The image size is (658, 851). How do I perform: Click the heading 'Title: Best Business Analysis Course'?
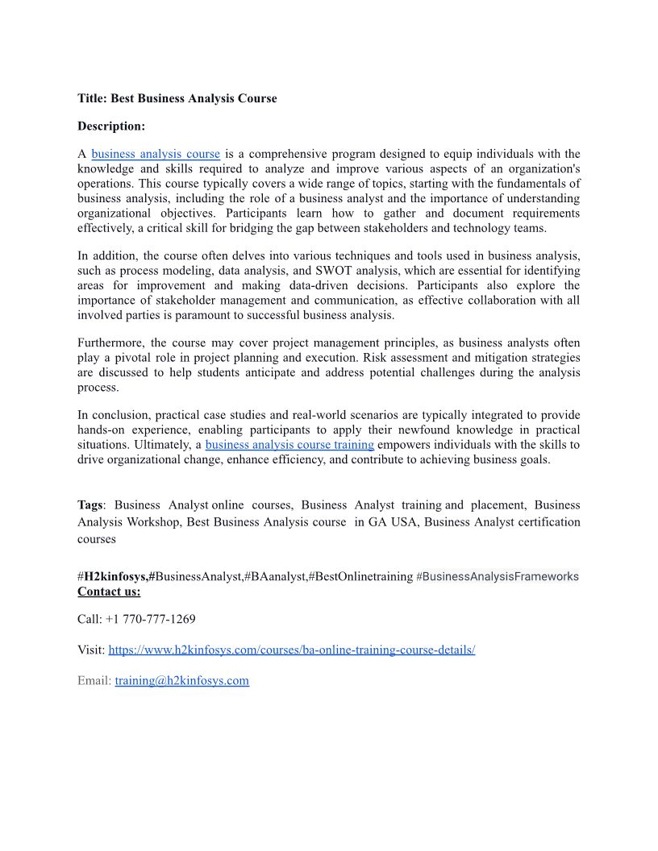point(177,98)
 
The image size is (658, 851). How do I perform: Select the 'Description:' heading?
point(111,126)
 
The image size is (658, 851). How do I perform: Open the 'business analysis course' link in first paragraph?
point(156,154)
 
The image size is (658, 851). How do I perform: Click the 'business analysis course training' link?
point(289,444)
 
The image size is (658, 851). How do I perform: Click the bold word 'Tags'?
point(90,504)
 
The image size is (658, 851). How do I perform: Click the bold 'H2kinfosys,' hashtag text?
point(117,576)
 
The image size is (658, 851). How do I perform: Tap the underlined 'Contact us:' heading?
point(109,592)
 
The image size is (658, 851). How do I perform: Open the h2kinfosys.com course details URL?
point(292,650)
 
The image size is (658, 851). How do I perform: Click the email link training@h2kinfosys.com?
point(182,680)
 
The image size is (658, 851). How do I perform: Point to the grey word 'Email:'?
point(94,680)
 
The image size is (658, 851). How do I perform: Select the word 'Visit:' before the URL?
point(91,650)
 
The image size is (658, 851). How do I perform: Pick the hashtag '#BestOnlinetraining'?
point(360,576)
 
